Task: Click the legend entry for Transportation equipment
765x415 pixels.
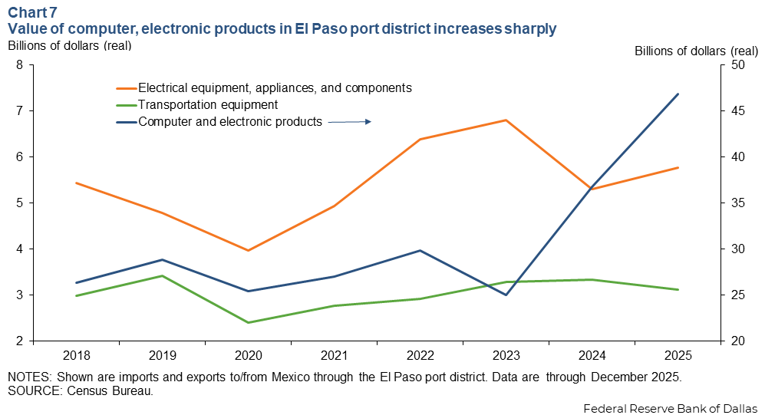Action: (x=207, y=104)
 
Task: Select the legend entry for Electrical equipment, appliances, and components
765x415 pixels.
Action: (x=275, y=87)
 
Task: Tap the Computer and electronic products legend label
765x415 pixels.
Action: (x=229, y=121)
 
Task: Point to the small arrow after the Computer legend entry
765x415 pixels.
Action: (x=350, y=121)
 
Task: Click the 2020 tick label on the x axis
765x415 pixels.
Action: (x=248, y=356)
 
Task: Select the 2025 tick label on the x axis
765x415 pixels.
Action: (x=678, y=356)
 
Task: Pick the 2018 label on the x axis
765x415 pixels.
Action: (x=76, y=356)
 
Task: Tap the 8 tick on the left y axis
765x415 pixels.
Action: (x=19, y=65)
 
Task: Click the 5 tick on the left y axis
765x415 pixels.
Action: (x=19, y=203)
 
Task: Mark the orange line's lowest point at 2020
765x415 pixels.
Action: (x=248, y=251)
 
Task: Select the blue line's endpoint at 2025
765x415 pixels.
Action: (x=678, y=94)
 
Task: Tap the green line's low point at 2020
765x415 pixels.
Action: (x=248, y=322)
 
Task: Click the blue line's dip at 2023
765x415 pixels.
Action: (x=506, y=295)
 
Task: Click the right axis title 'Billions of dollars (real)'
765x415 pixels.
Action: (x=696, y=51)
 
